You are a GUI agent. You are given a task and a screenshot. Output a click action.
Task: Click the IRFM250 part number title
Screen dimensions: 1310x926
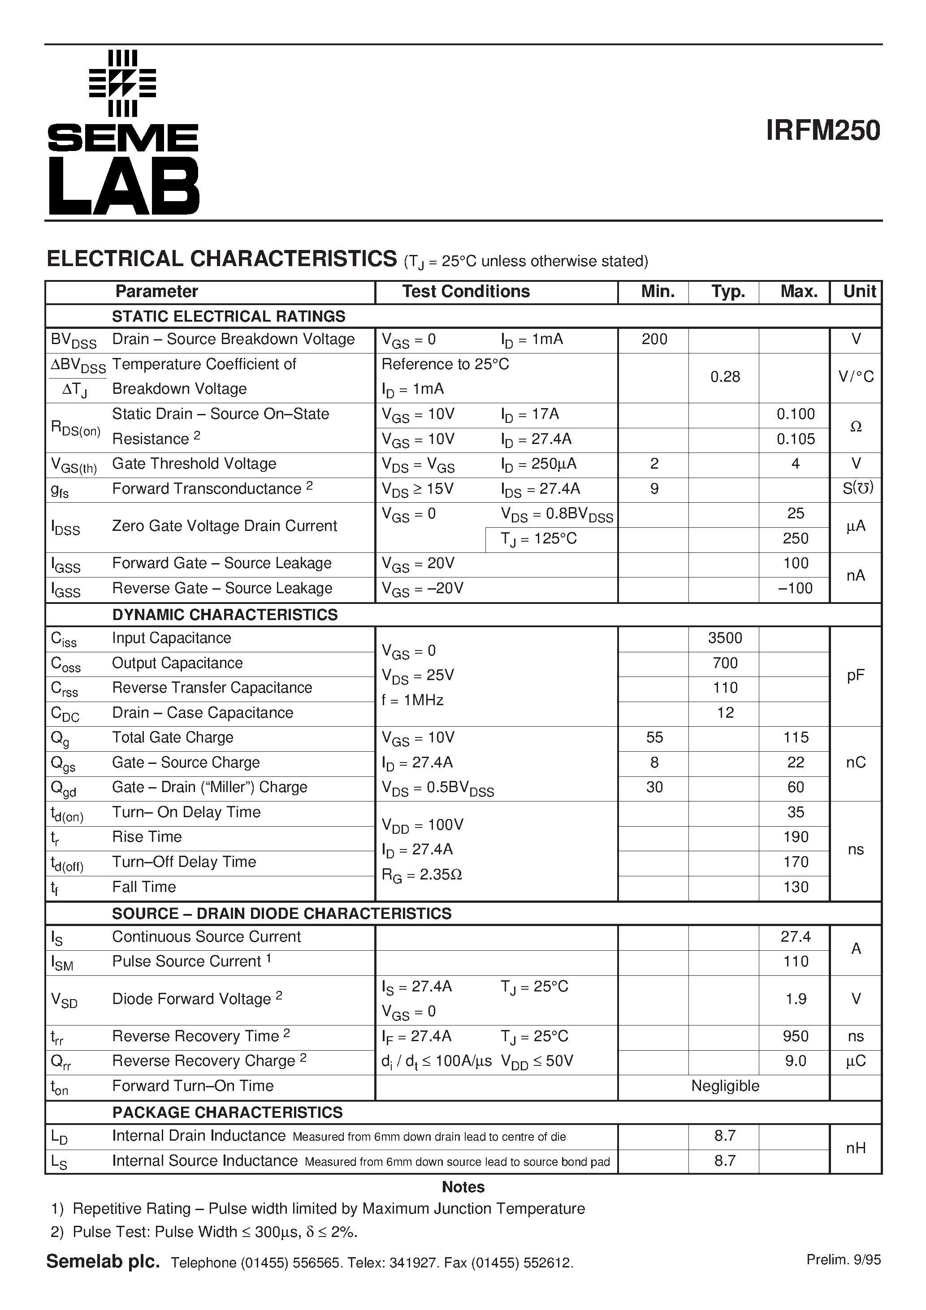click(x=822, y=131)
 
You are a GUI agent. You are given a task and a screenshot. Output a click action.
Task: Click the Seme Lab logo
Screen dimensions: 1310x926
click(x=123, y=132)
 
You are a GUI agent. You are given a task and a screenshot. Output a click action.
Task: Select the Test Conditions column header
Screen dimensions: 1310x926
click(x=465, y=292)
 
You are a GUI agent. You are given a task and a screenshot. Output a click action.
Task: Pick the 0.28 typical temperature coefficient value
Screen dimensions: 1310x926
click(x=724, y=377)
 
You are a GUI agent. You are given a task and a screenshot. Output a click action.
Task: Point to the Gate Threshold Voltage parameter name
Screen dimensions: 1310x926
click(x=194, y=464)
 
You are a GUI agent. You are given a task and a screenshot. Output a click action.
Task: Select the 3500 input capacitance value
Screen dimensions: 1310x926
click(x=724, y=638)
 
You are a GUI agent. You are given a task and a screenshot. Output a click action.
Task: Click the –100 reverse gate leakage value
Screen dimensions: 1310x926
click(x=795, y=588)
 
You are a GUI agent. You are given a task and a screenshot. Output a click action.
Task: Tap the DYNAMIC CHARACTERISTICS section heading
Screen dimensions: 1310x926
click(x=225, y=615)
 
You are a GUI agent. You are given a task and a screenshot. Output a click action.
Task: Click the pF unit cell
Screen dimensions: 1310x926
click(x=855, y=676)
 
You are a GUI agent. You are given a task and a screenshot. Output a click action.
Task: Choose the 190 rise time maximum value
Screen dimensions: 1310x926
click(x=795, y=837)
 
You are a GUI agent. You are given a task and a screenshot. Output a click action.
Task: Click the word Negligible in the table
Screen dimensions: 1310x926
click(x=724, y=1086)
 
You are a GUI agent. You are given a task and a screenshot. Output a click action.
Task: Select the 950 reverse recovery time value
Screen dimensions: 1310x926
click(x=795, y=1036)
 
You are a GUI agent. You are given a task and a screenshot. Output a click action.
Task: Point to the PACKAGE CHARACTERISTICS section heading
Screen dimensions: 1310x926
click(x=227, y=1112)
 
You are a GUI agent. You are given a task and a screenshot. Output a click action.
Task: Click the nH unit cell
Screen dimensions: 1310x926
click(x=855, y=1148)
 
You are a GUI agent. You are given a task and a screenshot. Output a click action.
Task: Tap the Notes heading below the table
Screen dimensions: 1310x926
click(x=463, y=1187)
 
